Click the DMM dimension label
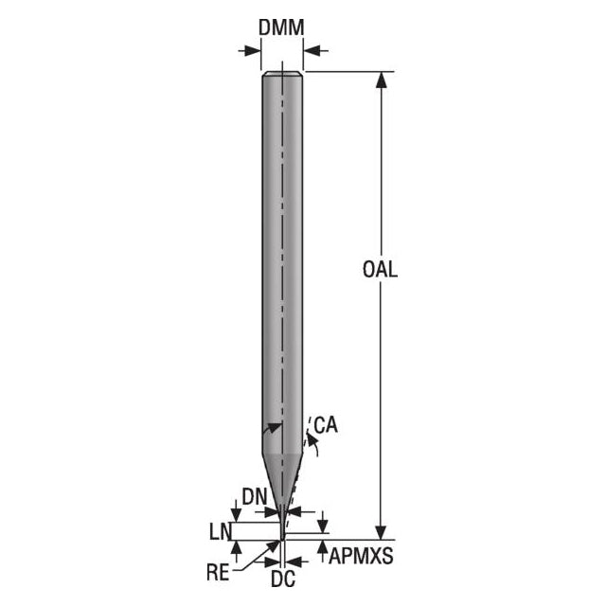click(x=281, y=27)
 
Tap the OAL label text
click(x=381, y=269)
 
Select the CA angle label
click(x=326, y=425)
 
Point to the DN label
click(x=255, y=496)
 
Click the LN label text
click(x=220, y=532)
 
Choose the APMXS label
click(x=361, y=557)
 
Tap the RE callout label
click(x=219, y=573)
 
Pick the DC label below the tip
click(x=283, y=579)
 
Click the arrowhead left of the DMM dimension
click(x=253, y=50)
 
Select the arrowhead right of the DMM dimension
click(x=312, y=50)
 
